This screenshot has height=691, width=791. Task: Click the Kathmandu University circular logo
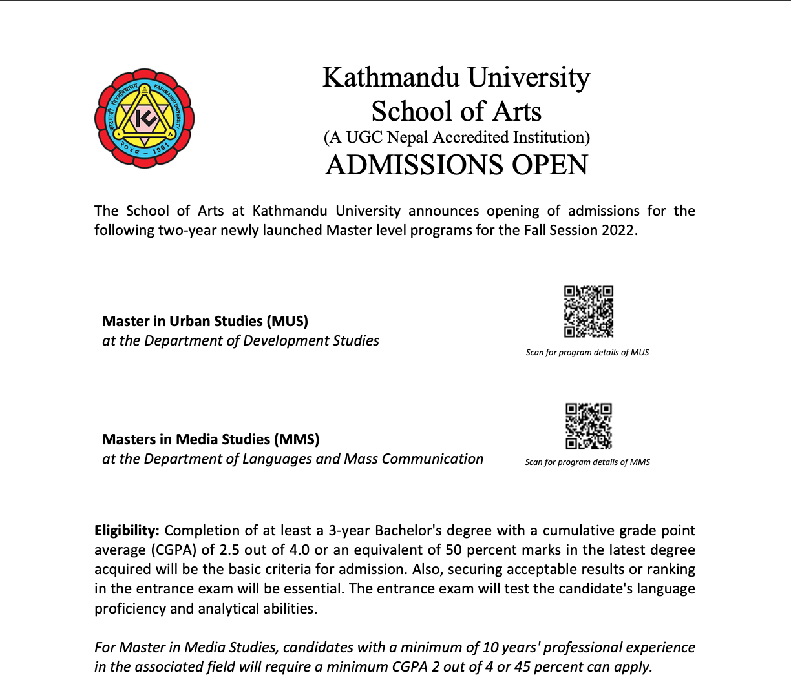[x=145, y=119]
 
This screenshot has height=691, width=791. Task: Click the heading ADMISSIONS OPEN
[x=457, y=165]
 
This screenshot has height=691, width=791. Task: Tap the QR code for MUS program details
[x=588, y=311]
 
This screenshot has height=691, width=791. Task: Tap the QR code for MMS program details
[x=588, y=426]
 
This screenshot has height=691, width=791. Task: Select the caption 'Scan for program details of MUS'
[x=587, y=353]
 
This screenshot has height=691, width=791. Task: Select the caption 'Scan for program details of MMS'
[x=587, y=462]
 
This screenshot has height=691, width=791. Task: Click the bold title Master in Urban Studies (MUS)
[x=205, y=321]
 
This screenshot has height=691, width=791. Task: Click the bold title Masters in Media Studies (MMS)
[x=211, y=439]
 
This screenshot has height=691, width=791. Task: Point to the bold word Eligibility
[x=126, y=531]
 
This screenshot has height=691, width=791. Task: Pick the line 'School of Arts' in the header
[x=456, y=111]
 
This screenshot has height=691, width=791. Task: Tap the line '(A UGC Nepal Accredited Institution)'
[x=456, y=138]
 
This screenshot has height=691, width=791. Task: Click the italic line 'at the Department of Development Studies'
[x=240, y=341]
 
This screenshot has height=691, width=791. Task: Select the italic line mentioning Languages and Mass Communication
[x=293, y=459]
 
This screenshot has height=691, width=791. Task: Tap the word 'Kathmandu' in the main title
[x=391, y=77]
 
